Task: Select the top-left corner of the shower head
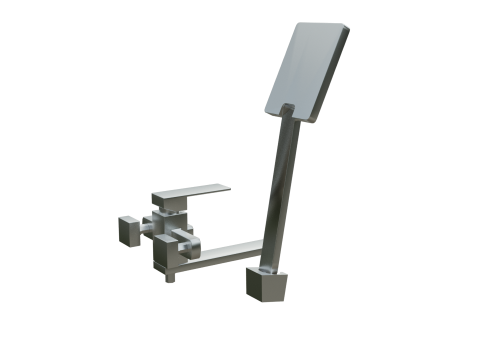[297, 25]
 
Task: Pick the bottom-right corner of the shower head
[313, 120]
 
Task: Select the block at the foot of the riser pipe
[267, 284]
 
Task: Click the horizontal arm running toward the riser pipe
[230, 249]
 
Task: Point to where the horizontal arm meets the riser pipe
[265, 245]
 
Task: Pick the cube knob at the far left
[127, 229]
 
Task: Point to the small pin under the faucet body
[170, 275]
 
